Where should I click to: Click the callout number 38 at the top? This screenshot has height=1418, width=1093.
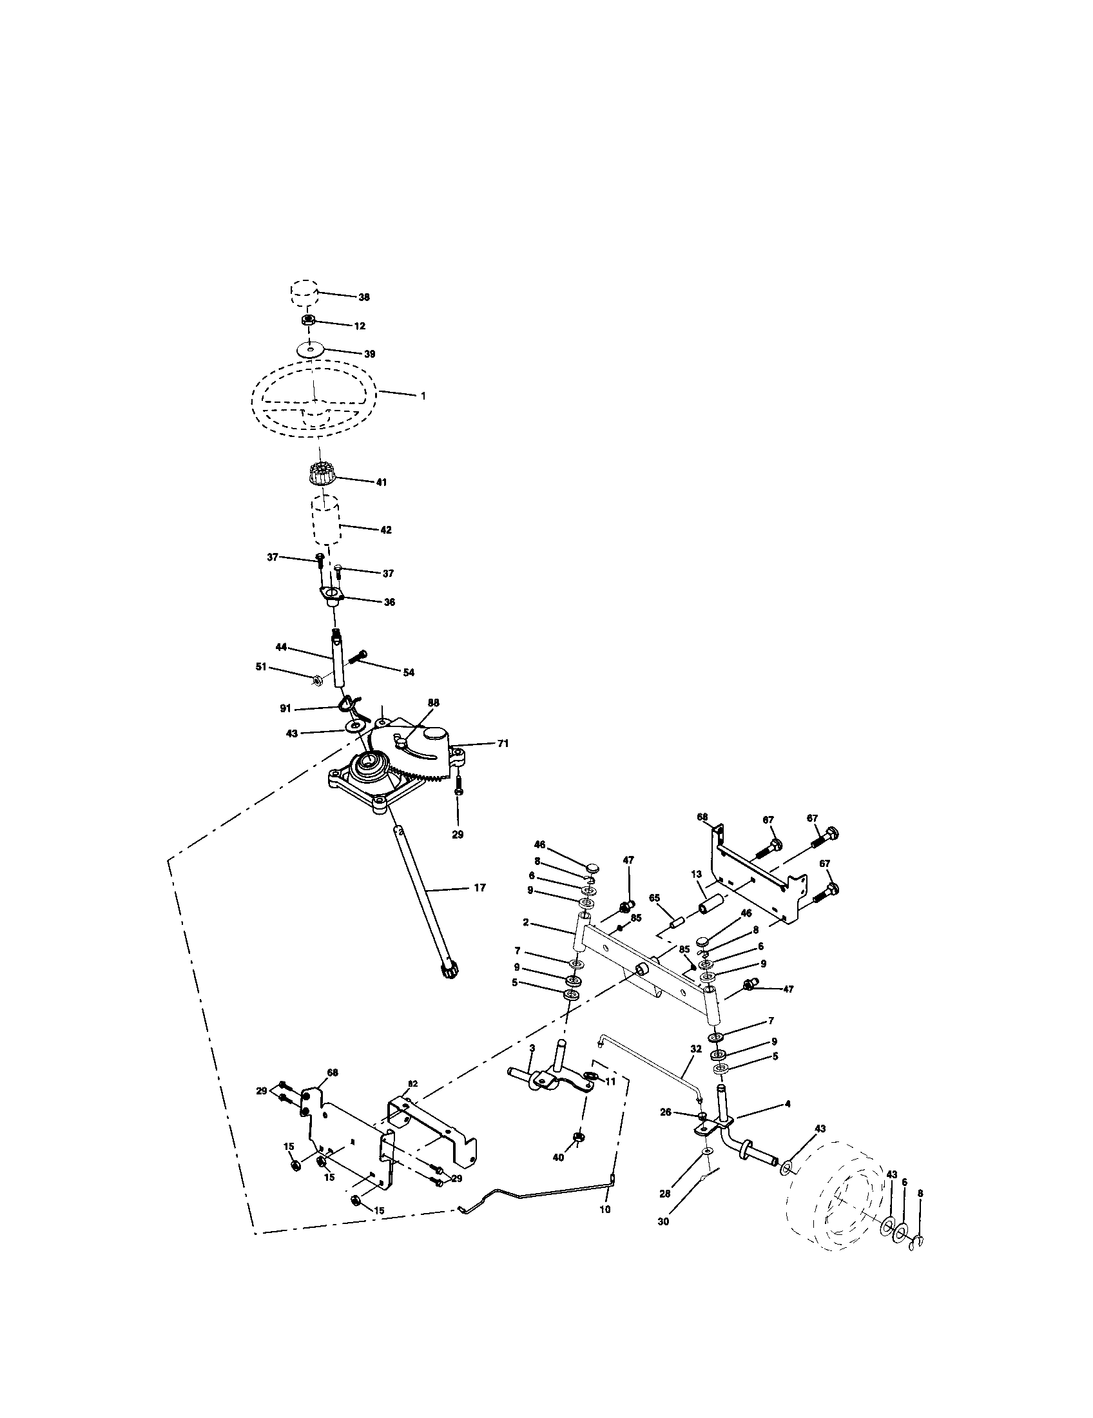pos(363,296)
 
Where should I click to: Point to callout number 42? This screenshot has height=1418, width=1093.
pos(385,530)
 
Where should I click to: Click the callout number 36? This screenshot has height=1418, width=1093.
pos(389,602)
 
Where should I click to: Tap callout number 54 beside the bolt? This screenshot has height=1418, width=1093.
pos(408,673)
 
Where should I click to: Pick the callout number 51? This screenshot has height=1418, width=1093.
pos(261,667)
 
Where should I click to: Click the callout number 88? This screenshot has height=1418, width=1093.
pos(434,703)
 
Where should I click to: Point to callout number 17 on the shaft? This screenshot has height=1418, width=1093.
pos(479,888)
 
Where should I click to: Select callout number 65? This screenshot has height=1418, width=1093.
pos(654,897)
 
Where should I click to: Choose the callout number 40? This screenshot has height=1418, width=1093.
pos(557,1157)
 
